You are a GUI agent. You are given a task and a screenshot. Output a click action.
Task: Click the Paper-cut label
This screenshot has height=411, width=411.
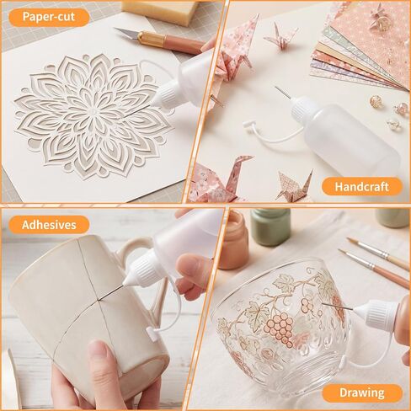(49, 17)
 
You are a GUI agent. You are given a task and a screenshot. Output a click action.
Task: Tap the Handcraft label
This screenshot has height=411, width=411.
(362, 187)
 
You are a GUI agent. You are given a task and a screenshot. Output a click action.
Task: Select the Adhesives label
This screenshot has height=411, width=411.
(49, 225)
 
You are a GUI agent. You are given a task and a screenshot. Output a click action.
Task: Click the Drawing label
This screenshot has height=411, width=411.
(362, 392)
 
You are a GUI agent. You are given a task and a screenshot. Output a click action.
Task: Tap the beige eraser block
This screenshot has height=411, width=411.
(161, 11)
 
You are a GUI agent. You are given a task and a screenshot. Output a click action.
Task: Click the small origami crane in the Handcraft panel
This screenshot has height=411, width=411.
(280, 36)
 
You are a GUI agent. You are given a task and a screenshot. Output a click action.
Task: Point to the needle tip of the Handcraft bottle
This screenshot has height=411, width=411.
(275, 87)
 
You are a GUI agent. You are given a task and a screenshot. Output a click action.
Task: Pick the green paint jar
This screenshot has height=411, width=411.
(270, 227)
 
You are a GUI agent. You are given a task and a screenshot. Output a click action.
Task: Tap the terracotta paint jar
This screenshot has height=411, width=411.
(233, 240)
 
